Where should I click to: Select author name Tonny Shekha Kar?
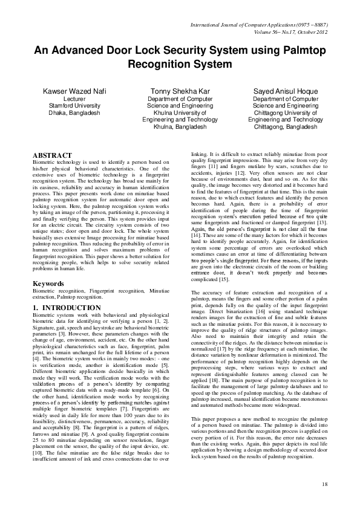point(180,91)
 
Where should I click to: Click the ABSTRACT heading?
point(52,155)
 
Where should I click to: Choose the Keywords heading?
point(48,283)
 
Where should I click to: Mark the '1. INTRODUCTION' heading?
point(58,308)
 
